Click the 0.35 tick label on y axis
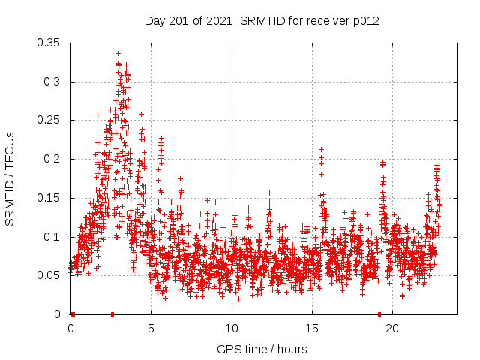pyautogui.click(x=49, y=43)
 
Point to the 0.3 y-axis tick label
pyautogui.click(x=52, y=81)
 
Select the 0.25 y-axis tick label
pyautogui.click(x=49, y=120)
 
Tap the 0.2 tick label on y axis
pyautogui.click(x=52, y=159)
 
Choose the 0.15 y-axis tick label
pyautogui.click(x=49, y=198)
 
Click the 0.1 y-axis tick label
pyautogui.click(x=52, y=236)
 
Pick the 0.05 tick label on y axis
pyautogui.click(x=49, y=275)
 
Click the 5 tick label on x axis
pyautogui.click(x=151, y=328)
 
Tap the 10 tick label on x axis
pyautogui.click(x=232, y=328)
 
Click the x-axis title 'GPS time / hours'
pyautogui.click(x=262, y=349)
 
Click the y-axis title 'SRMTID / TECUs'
pyautogui.click(x=10, y=178)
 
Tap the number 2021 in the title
pyautogui.click(x=217, y=21)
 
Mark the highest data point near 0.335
pyautogui.click(x=118, y=53)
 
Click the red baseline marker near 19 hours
pyautogui.click(x=379, y=314)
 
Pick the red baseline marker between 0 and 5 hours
pyautogui.click(x=112, y=314)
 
